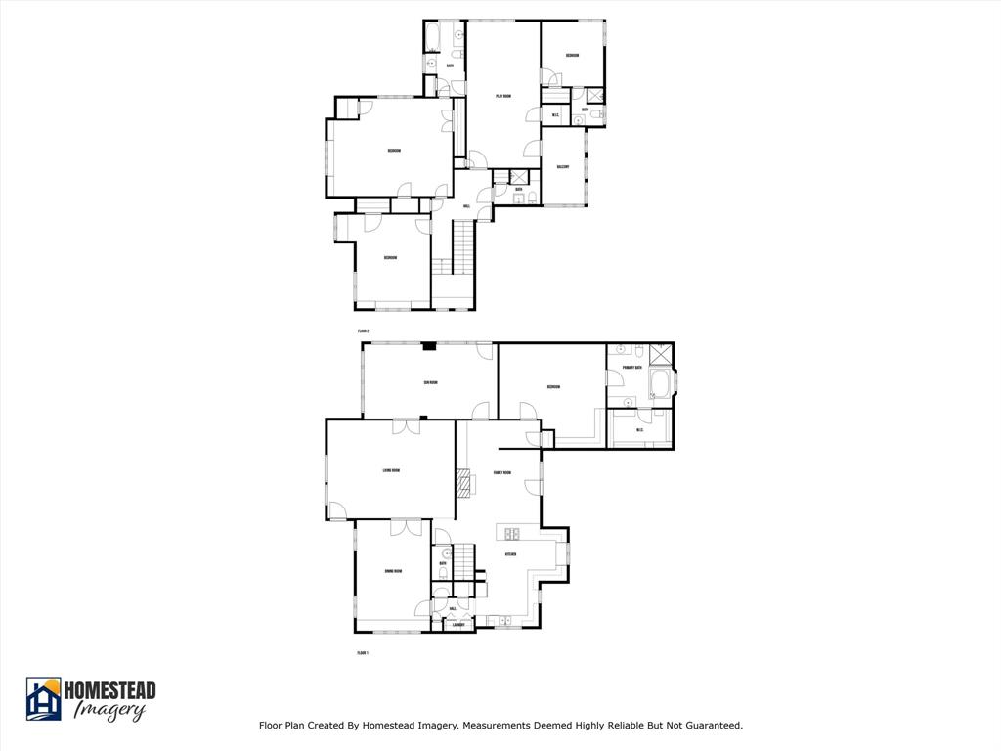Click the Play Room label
click(x=503, y=96)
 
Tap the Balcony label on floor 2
click(x=563, y=167)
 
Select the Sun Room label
click(x=430, y=382)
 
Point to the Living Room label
click(x=391, y=471)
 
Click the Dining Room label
click(x=393, y=570)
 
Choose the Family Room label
click(x=502, y=473)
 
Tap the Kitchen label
click(x=510, y=554)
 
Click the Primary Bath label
click(x=631, y=369)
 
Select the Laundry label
click(x=457, y=624)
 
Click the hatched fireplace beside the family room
click(x=463, y=482)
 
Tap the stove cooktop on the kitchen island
click(x=511, y=533)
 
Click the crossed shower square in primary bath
click(x=662, y=354)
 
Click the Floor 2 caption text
click(x=363, y=331)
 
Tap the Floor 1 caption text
click(x=363, y=652)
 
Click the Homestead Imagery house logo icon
click(x=44, y=699)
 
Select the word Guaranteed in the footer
click(x=714, y=726)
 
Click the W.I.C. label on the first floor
click(x=639, y=430)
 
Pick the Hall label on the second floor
click(x=466, y=206)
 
